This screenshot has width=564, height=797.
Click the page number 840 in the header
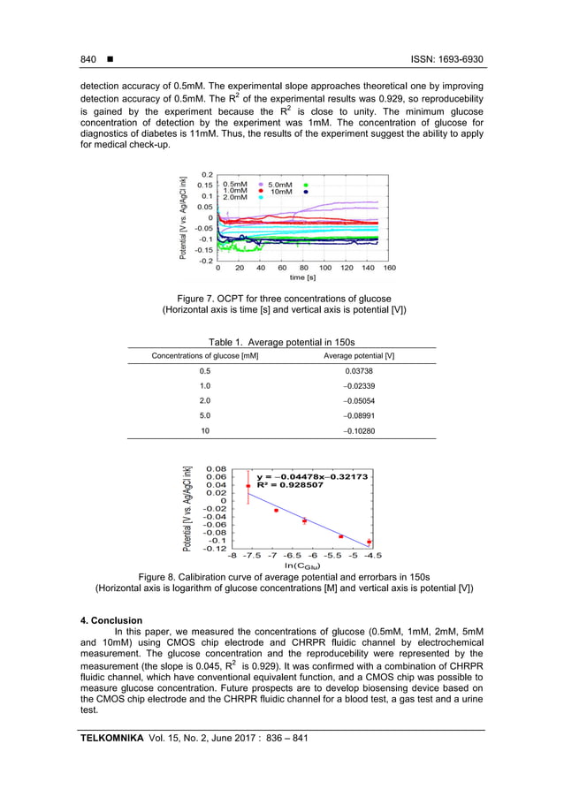[x=88, y=59]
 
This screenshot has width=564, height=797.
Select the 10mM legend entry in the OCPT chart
[x=283, y=191]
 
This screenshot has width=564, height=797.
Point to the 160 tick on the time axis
[x=389, y=267]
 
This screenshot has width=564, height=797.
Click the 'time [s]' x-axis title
[x=302, y=277]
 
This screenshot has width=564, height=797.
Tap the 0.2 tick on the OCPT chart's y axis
[x=206, y=175]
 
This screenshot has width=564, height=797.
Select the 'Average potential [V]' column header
[x=359, y=355]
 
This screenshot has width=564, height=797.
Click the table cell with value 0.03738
[x=359, y=371]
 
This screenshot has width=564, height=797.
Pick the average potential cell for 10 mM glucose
[x=359, y=429]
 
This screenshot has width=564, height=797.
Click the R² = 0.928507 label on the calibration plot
[x=289, y=485]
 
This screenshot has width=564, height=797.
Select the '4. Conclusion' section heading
[x=111, y=619]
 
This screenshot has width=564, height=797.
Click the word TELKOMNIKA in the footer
[x=112, y=737]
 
